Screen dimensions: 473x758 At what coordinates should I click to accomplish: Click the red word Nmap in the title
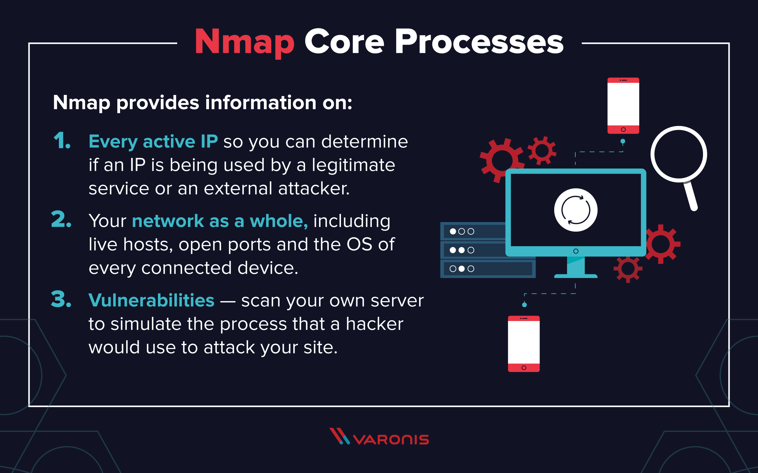click(245, 42)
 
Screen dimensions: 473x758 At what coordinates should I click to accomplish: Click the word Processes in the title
click(479, 42)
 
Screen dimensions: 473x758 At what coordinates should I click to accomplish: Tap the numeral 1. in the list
click(62, 141)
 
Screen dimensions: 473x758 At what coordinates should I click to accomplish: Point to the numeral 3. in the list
click(61, 299)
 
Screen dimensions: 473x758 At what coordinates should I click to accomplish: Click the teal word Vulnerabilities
click(152, 300)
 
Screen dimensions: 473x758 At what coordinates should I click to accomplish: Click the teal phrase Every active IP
click(153, 141)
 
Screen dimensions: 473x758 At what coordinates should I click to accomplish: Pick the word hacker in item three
click(374, 324)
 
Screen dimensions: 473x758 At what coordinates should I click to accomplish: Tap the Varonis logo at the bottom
click(379, 436)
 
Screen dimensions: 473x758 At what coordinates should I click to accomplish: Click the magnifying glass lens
click(679, 154)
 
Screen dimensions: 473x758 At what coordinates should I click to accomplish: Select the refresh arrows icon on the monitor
click(576, 210)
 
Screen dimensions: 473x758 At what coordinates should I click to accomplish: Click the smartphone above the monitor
click(623, 105)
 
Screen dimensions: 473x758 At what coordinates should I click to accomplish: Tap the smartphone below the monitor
click(523, 344)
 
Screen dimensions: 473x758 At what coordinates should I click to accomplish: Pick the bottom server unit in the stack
click(488, 269)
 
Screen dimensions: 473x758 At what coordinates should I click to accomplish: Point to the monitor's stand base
click(576, 276)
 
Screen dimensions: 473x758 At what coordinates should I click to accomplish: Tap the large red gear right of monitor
click(661, 244)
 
